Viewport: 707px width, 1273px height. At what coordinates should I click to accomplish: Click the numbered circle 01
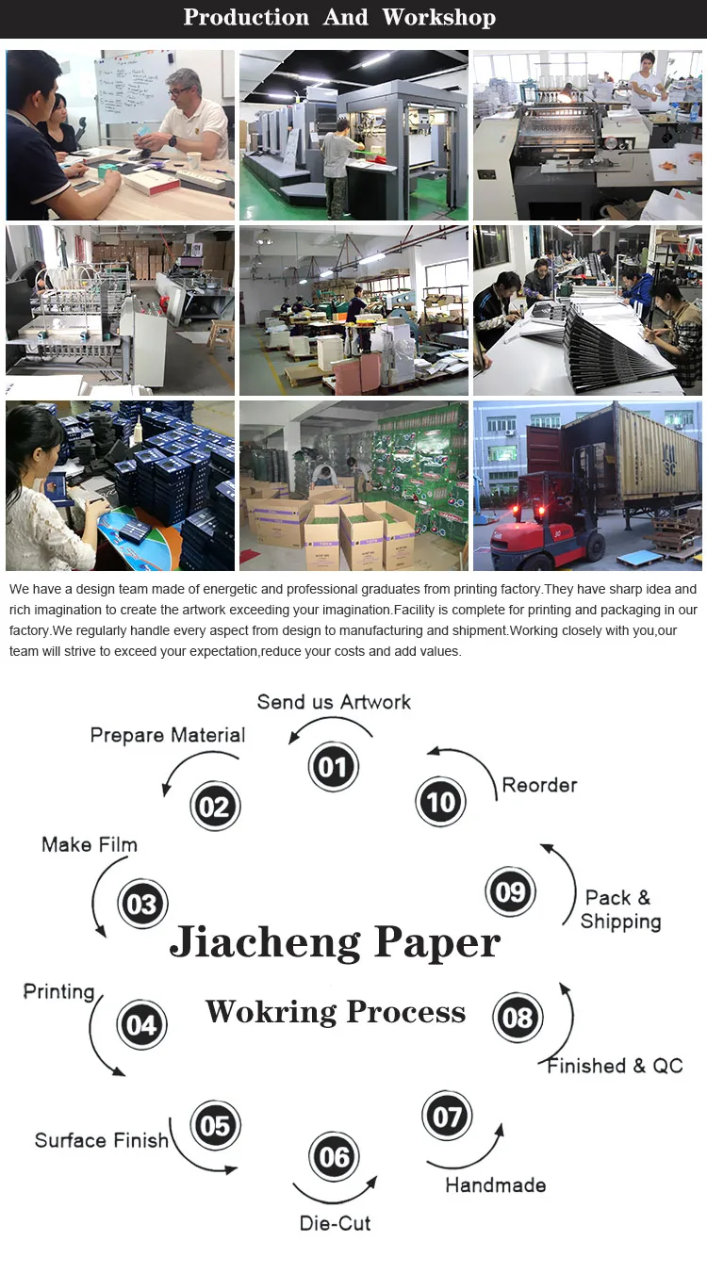click(x=333, y=767)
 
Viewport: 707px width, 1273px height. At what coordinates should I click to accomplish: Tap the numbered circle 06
click(x=335, y=1156)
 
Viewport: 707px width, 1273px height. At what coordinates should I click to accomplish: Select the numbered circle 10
click(x=440, y=802)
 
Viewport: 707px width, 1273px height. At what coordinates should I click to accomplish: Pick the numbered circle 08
click(x=518, y=1018)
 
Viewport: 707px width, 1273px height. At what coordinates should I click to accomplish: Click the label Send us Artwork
click(x=334, y=702)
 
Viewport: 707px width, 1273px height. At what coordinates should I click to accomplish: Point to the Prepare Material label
click(x=168, y=735)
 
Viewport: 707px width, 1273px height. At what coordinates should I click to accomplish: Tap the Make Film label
click(x=90, y=844)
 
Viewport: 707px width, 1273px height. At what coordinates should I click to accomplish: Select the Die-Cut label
click(x=335, y=1223)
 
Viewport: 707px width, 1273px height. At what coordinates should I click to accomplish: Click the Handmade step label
click(x=495, y=1185)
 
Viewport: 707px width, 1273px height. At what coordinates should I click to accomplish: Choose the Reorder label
click(x=539, y=785)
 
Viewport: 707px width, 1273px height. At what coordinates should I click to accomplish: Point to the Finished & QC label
click(x=615, y=1066)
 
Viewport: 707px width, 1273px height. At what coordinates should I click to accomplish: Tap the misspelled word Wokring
click(x=271, y=1012)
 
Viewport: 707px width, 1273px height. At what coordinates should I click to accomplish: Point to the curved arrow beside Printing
click(x=100, y=1036)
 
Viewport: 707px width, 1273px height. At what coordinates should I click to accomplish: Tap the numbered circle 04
click(x=141, y=1024)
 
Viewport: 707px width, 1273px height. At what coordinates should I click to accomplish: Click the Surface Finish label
click(x=102, y=1140)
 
